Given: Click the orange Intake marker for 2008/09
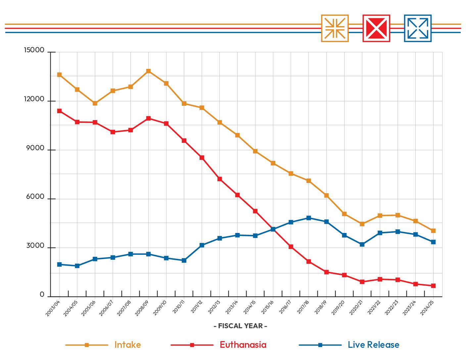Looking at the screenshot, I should [148, 71].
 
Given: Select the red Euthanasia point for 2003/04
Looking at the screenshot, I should [59, 111].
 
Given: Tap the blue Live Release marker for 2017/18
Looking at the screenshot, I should [308, 218].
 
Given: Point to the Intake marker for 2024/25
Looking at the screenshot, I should [433, 231].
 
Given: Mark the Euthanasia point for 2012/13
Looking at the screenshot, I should [219, 179].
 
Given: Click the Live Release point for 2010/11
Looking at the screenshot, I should [184, 260].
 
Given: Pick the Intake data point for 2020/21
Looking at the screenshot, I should [362, 224].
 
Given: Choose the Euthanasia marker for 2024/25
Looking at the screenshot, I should [433, 286].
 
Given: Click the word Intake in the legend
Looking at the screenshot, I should [127, 345].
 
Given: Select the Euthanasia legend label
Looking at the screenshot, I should [243, 345].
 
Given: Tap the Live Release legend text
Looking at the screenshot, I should [373, 345].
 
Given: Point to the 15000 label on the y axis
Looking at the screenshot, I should [34, 50].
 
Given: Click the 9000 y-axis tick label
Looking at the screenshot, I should [35, 148].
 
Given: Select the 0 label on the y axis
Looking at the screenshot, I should [42, 294].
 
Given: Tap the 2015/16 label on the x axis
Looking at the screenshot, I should [267, 307].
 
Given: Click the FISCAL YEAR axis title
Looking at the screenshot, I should [240, 326].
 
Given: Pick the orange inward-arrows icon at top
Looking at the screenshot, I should [335, 28].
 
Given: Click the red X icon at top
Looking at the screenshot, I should [376, 28].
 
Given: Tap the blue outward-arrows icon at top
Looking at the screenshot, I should [418, 28].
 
